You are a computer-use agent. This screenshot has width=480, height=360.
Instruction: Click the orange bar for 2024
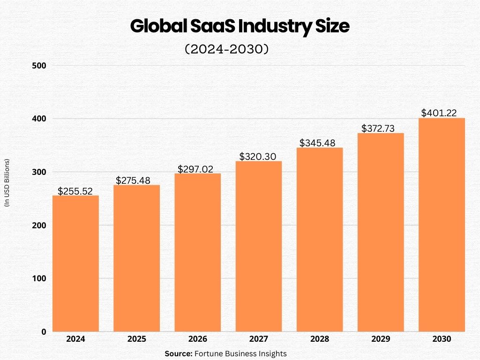pos(75,263)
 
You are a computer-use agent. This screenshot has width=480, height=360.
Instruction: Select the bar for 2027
pos(259,247)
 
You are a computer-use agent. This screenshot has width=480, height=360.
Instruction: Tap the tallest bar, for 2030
pos(442,225)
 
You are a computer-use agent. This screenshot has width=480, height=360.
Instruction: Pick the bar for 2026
pos(197,253)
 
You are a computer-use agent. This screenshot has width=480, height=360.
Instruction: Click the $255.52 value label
pos(75,191)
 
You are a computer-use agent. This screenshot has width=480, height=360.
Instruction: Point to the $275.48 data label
pos(137,181)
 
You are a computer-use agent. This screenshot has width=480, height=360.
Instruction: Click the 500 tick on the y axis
pos(39,66)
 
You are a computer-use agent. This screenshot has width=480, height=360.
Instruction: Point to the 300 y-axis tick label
pos(39,172)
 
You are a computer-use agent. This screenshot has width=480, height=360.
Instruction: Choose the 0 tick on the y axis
pos(44,332)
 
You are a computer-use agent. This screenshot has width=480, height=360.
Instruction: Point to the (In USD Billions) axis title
pos(7,183)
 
